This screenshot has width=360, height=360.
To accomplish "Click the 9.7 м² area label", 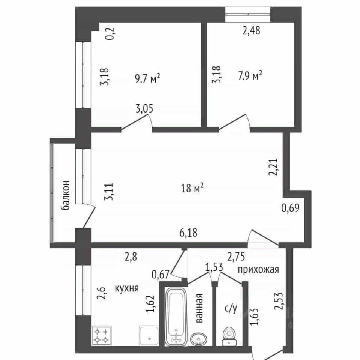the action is point(147,79).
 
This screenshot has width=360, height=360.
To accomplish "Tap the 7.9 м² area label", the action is point(250,76).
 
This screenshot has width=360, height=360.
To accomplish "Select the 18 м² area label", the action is point(192,188).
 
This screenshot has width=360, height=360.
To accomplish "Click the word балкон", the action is point(65,196).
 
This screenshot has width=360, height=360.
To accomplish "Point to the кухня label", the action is point(127,288).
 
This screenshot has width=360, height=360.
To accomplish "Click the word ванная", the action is point(199,308).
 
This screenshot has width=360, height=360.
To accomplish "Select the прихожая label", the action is point(258,269).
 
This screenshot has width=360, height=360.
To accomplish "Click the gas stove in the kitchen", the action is point(102,335).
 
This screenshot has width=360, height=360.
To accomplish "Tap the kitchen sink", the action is point(149,336).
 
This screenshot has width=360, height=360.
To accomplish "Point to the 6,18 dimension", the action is point(189,232).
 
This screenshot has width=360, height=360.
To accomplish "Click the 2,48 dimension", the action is point(251,30).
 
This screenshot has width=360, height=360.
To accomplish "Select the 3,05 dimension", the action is point(144,109).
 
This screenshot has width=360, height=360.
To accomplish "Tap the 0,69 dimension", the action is point(290,208).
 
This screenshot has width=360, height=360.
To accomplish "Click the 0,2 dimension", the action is point(111,33).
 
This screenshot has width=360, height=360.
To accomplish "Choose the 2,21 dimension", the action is point(273,167).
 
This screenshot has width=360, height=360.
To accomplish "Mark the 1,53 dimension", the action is point(214,267).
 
